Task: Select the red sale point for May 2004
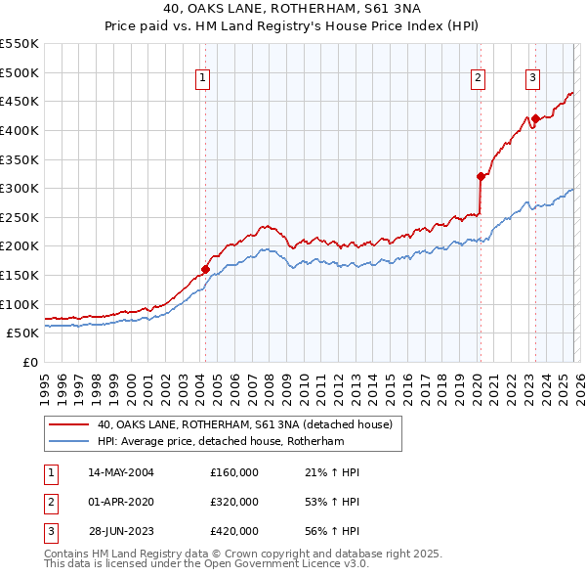click(205, 269)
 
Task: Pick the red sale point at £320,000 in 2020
click(481, 177)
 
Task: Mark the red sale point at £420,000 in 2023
click(535, 119)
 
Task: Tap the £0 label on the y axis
click(29, 362)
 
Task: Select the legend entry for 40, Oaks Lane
click(244, 424)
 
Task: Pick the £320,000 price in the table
click(234, 502)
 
